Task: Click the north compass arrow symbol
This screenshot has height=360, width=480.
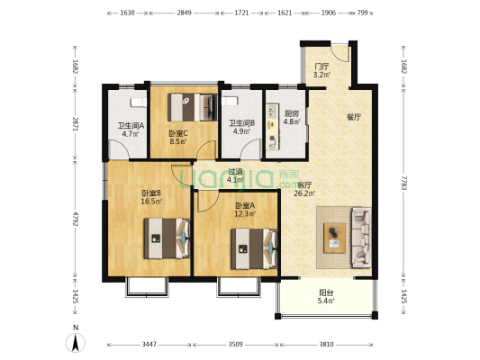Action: click(x=76, y=342)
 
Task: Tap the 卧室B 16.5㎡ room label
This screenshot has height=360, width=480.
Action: click(x=151, y=197)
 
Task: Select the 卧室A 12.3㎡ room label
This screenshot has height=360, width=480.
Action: click(x=245, y=210)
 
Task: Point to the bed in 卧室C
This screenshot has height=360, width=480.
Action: click(x=193, y=107)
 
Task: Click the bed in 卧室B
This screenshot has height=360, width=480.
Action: click(x=168, y=238)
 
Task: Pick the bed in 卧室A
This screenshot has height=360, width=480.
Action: click(x=254, y=249)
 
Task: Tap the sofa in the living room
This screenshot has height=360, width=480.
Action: click(x=361, y=238)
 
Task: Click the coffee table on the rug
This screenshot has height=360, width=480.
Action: click(x=335, y=238)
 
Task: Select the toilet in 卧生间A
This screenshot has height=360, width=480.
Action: click(x=139, y=103)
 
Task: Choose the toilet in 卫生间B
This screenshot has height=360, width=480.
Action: click(x=230, y=101)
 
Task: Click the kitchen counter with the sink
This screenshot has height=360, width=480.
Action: click(x=273, y=127)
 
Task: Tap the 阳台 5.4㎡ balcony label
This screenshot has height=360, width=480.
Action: click(x=326, y=296)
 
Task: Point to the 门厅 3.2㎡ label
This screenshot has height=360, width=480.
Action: click(x=322, y=70)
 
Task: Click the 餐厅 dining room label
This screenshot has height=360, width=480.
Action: click(x=354, y=117)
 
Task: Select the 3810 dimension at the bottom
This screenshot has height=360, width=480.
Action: click(x=326, y=345)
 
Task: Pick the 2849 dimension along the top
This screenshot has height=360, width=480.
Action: click(x=184, y=13)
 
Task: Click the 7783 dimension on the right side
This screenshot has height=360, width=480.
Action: click(x=403, y=183)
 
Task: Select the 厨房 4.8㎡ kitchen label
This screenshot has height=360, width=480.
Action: click(x=291, y=118)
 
